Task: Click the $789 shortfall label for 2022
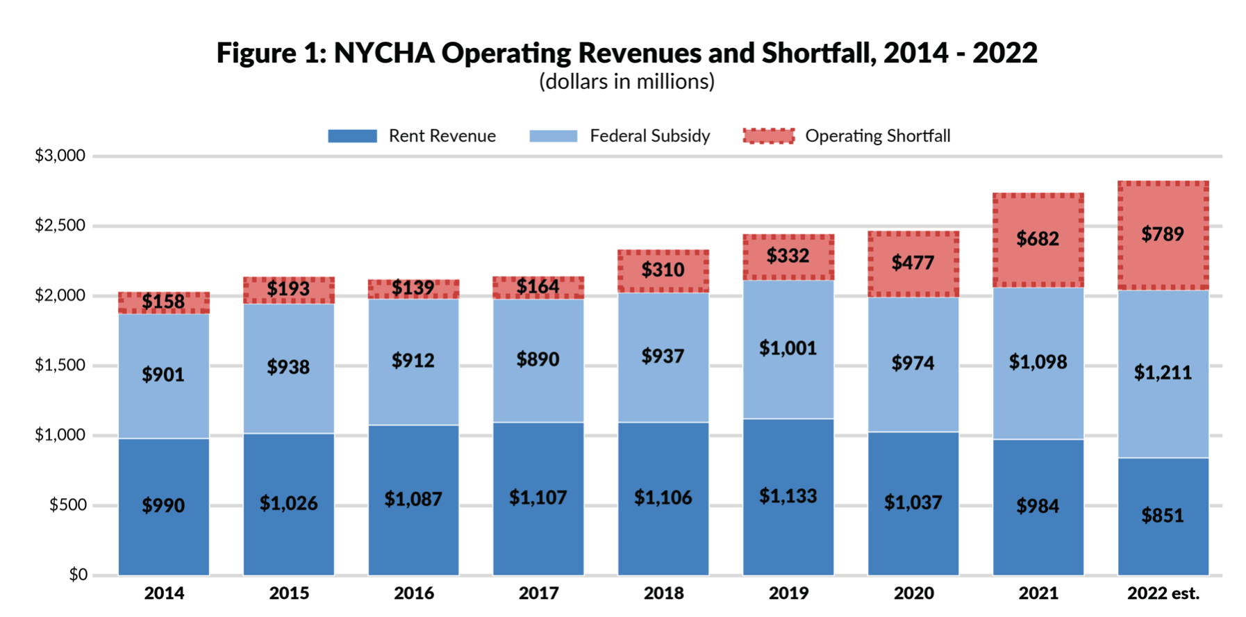1163,234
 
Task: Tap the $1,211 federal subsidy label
1163,373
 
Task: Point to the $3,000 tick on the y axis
60,156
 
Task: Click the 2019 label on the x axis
788,593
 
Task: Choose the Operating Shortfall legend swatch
768,136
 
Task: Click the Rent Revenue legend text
442,136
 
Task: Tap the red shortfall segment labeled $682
1038,240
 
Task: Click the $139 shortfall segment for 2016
413,288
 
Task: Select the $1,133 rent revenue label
788,496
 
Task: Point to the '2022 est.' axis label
1163,593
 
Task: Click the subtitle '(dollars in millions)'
626,82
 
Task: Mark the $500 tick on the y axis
67,505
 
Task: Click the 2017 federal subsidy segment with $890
538,360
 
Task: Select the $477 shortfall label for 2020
913,263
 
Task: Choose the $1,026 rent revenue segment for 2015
289,503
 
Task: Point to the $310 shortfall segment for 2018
663,270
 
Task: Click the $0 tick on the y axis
78,575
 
